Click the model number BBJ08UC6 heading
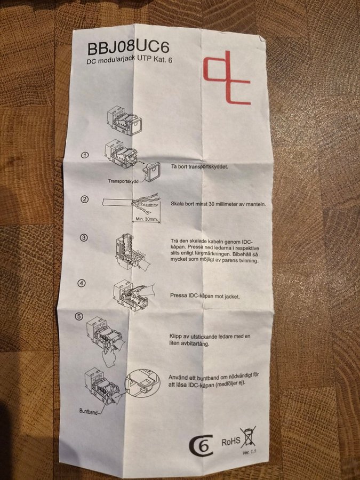tap(128, 48)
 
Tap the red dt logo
tap(227, 78)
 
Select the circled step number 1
tap(85, 155)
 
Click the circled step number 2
tap(84, 199)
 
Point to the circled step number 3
tap(84, 237)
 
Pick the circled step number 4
tap(82, 283)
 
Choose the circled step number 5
tap(79, 316)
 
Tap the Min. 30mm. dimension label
tap(146, 219)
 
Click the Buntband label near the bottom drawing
tap(88, 411)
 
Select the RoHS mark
tap(231, 442)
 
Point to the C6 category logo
tap(201, 446)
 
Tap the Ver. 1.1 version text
tap(249, 452)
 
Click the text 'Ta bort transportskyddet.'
tap(199, 166)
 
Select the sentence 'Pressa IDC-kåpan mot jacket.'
tap(205, 296)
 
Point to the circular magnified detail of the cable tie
tap(142, 383)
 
